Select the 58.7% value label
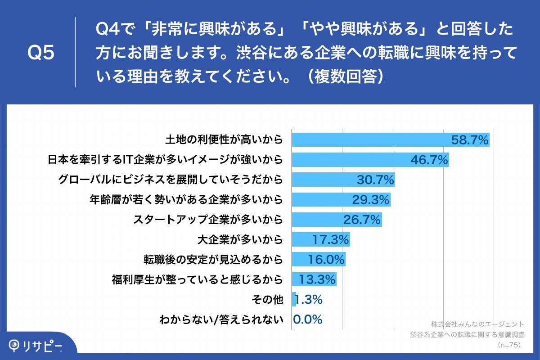(x=470, y=140)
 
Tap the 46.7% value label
(x=429, y=160)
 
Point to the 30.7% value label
(x=376, y=180)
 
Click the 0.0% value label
(x=308, y=319)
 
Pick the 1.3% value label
(x=309, y=300)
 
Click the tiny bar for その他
(x=294, y=300)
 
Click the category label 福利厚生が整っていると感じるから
(x=197, y=280)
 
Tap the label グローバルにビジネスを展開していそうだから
(x=171, y=180)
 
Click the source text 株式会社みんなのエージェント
(x=477, y=324)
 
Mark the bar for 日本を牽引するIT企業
(x=351, y=160)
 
